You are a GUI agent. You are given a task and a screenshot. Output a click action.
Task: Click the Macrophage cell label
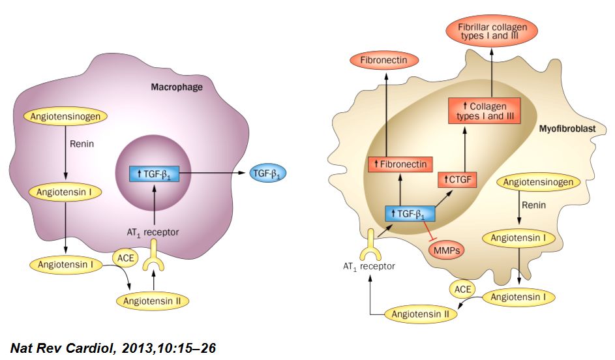pos(177,86)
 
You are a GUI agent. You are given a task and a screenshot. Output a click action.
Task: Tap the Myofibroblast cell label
pos(567,129)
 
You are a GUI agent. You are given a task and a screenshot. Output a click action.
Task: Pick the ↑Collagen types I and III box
pos(483,111)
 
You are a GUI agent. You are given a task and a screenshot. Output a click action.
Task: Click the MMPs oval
pos(445,249)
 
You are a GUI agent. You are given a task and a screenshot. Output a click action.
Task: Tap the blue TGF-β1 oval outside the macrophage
pos(268,173)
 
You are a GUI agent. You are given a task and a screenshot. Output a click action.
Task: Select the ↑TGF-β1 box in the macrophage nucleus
pos(154,173)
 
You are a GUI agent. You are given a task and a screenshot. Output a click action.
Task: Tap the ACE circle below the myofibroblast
pos(463,288)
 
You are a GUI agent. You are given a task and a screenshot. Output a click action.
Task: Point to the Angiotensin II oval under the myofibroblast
pos(421,314)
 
